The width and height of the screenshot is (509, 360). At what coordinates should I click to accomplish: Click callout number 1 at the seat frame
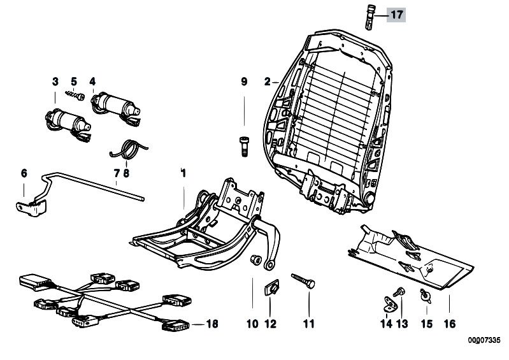tap(183, 173)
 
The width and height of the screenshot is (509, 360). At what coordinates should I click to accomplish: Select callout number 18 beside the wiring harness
tap(211, 324)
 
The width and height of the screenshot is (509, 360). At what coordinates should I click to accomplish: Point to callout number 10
tap(253, 324)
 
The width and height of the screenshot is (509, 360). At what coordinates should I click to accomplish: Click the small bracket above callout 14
tap(389, 300)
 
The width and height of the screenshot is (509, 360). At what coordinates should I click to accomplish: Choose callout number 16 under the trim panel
tap(450, 324)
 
